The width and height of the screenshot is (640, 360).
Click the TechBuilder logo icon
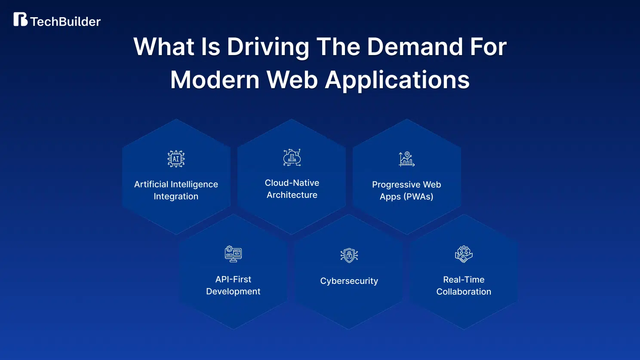[x=21, y=19]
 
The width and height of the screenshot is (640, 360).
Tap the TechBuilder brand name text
[x=65, y=22]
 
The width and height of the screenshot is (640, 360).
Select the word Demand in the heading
[x=415, y=46]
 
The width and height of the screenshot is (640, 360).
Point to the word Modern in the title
[x=215, y=80]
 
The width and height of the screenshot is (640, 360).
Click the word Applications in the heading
[x=397, y=81]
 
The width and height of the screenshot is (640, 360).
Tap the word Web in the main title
[x=292, y=80]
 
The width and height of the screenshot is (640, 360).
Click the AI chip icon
[x=176, y=159]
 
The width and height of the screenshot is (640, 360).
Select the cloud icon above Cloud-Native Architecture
[x=292, y=157]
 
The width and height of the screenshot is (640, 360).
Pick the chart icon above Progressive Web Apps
[x=406, y=159]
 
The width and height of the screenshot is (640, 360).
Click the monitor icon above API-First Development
[x=233, y=254]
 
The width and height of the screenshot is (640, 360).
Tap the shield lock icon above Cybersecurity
[x=349, y=255]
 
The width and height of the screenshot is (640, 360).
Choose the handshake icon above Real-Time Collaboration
[x=464, y=254]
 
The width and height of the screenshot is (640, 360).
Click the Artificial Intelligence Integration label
[x=176, y=190]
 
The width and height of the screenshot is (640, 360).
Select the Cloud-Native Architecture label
[x=292, y=189]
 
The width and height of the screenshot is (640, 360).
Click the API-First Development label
[x=233, y=285]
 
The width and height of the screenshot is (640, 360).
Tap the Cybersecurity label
[x=349, y=281]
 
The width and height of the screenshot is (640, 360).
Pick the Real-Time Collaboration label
[x=464, y=286]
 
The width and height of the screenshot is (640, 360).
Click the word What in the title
[x=164, y=46]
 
